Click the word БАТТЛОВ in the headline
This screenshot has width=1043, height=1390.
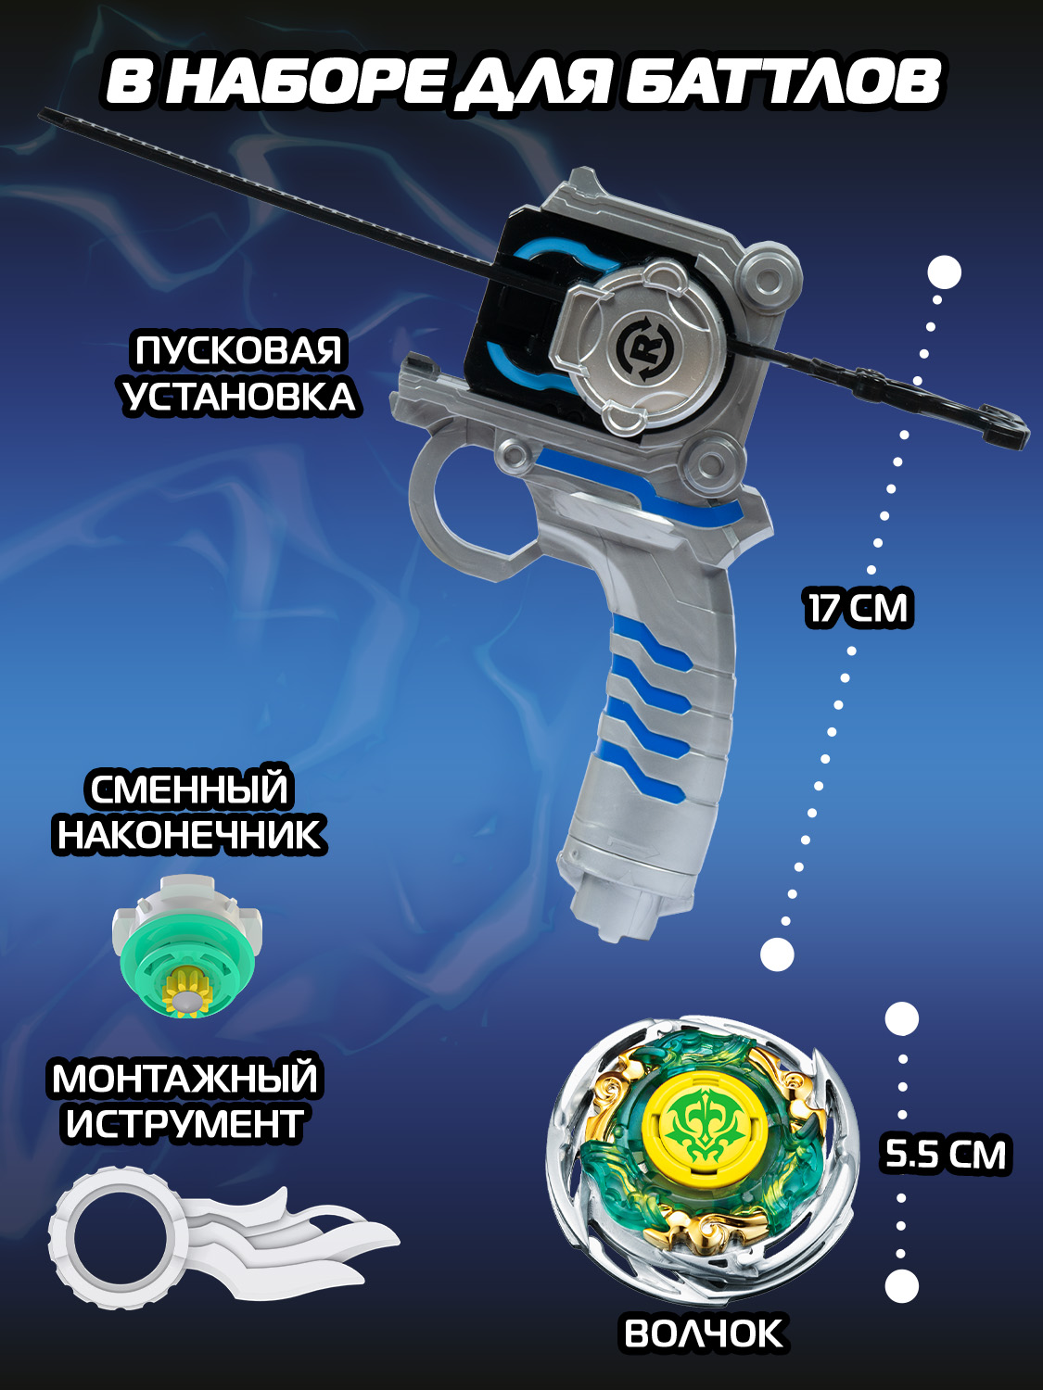click(783, 83)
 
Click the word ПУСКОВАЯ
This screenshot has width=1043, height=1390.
click(238, 351)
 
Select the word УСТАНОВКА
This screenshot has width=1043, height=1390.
click(238, 397)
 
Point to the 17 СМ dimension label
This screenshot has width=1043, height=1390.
click(859, 609)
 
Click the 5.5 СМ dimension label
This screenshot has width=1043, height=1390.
click(946, 1155)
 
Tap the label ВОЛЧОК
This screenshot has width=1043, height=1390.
click(704, 1333)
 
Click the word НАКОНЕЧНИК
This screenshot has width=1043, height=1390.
click(189, 834)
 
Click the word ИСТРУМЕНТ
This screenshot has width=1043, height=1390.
click(184, 1124)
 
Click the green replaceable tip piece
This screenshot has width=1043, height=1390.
click(187, 950)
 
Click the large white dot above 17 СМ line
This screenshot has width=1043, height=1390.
click(944, 272)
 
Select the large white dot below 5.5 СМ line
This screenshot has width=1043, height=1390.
click(901, 1285)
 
